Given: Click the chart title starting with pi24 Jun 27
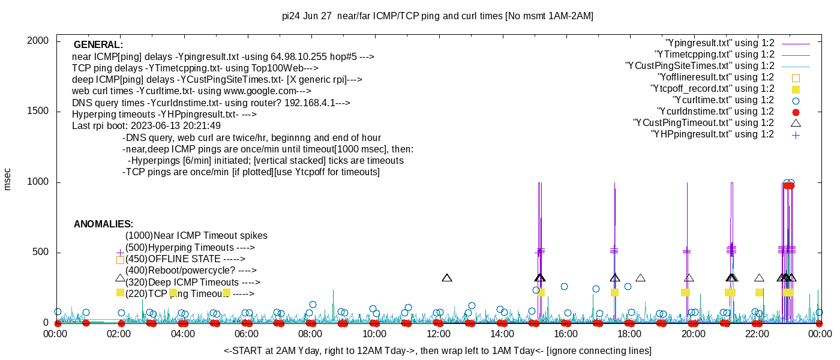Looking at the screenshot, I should point(437,16).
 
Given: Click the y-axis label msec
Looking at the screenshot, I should point(8,179).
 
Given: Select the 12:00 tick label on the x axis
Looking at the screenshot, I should point(438,334).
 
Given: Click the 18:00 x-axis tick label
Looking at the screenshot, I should point(629,334).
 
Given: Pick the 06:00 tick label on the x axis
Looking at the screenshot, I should point(247,334).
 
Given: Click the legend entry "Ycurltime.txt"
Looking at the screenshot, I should point(723,100).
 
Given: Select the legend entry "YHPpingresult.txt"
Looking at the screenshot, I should point(712,134).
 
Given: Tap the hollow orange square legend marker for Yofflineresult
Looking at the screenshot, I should point(796,77).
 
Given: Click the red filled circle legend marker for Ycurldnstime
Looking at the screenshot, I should point(796,112).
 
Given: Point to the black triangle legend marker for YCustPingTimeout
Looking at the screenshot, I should point(796,123).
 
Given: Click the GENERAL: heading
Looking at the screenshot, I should point(98,45).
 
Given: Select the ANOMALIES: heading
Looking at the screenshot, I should point(103,224).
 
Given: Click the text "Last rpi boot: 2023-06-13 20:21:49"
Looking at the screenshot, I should point(146,126).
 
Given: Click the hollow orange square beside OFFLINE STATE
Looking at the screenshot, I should point(120,260).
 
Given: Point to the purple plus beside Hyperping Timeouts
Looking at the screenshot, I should point(120,253).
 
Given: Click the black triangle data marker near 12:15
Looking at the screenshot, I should point(446,278).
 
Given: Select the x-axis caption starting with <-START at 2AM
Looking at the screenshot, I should point(437,350).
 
